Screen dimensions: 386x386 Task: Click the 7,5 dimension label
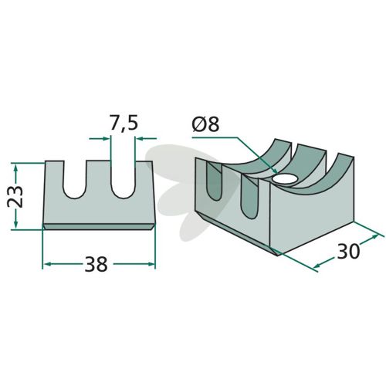pos(124,124)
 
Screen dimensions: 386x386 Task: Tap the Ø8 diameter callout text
pos(205,124)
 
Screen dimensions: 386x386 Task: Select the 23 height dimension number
pos(15,196)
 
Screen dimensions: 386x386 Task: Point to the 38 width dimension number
pos(96,265)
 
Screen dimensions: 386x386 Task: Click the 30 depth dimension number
pos(347,252)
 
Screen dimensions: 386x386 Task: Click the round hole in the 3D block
pos(285,178)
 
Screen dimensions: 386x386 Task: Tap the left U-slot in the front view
pos(74,179)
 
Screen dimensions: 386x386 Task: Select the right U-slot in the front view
pos(123,179)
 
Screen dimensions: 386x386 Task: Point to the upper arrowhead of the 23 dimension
pos(16,168)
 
